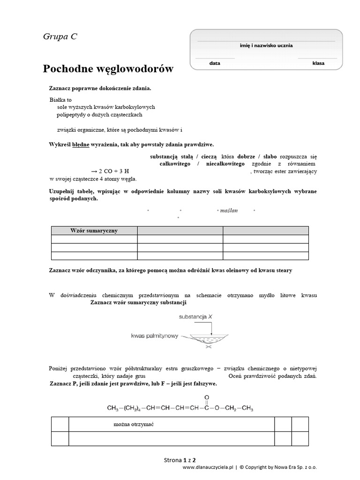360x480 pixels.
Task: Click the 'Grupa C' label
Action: [60, 37]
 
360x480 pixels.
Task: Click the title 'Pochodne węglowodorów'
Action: [108, 69]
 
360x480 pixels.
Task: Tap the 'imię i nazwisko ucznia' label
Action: [266, 45]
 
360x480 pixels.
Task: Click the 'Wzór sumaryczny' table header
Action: [94, 231]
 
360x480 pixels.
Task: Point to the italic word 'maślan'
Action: [229, 210]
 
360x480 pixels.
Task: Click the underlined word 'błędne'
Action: [81, 145]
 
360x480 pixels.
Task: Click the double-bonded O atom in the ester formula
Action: [207, 397]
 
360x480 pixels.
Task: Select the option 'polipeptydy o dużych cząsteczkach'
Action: [99, 114]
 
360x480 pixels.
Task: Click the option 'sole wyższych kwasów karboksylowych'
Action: [103, 107]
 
